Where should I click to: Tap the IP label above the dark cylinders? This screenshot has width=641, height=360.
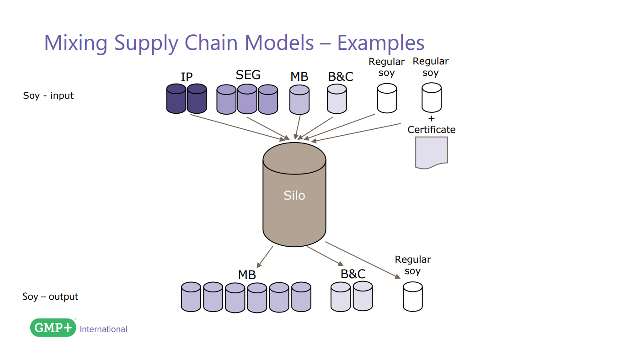click(187, 77)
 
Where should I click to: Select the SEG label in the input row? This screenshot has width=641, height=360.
click(248, 74)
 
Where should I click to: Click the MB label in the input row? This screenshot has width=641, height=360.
click(299, 77)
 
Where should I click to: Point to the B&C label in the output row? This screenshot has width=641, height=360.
click(353, 274)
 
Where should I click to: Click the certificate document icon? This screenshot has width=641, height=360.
click(431, 153)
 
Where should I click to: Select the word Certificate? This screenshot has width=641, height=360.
click(431, 130)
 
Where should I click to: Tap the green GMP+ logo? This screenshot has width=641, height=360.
click(53, 328)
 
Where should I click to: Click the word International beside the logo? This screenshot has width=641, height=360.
click(103, 329)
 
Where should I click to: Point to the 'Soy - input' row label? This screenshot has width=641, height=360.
click(48, 95)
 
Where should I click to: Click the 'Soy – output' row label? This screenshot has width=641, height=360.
click(50, 296)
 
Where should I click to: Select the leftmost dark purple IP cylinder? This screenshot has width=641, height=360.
click(176, 99)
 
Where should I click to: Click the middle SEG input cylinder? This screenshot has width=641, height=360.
click(247, 99)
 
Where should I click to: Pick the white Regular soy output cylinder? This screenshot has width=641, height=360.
click(412, 296)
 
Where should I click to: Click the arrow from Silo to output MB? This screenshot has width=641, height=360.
click(265, 257)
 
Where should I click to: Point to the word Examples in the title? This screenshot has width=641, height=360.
click(380, 42)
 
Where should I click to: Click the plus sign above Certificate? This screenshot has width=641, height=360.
click(431, 118)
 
